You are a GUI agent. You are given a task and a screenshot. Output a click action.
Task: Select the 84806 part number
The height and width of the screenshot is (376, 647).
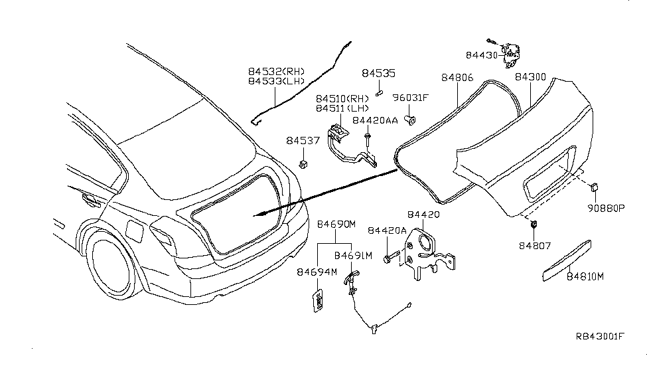457,78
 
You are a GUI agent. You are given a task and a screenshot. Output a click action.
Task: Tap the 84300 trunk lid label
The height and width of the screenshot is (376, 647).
530,78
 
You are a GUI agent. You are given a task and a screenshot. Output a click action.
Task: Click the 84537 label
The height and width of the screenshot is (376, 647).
303,140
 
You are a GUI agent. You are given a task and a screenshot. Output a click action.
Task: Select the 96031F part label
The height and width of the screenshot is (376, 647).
411,98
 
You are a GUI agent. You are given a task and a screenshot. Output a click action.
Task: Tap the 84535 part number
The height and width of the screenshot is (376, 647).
378,74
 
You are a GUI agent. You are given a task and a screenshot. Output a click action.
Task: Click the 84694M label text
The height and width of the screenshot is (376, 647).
317,272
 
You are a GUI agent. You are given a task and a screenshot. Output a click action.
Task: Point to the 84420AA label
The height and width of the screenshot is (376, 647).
375,120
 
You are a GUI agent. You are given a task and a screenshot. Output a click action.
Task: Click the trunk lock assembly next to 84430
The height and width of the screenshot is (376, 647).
510,53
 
